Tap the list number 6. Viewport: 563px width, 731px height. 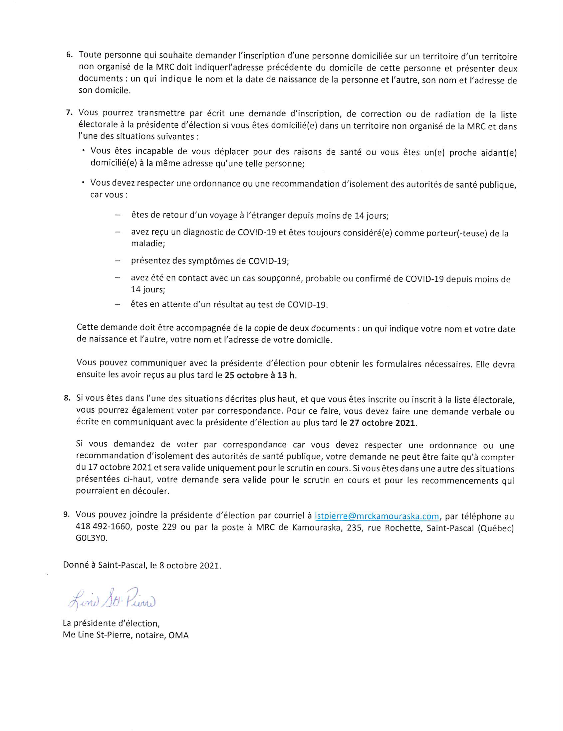pos(69,55)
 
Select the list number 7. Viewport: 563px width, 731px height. pos(69,113)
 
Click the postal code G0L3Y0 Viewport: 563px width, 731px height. pos(92,539)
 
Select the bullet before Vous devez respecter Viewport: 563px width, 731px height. pos(83,183)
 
